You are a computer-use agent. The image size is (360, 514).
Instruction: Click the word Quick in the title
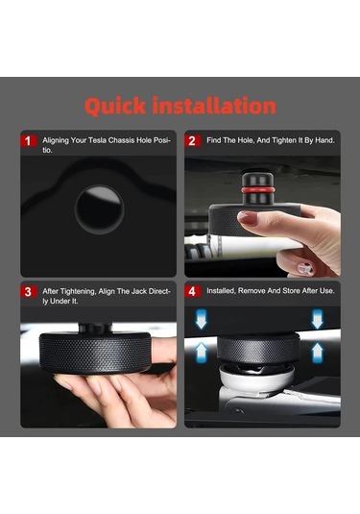[115, 107]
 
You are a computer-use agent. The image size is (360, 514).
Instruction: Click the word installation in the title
[214, 106]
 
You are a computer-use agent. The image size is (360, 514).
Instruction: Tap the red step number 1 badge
[29, 141]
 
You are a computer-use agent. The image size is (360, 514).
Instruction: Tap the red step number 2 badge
[192, 141]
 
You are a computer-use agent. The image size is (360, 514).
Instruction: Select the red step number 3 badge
[29, 291]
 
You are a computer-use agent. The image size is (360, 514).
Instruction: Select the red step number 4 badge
[192, 291]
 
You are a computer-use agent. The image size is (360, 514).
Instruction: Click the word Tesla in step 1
[98, 140]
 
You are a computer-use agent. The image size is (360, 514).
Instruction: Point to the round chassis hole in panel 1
[99, 209]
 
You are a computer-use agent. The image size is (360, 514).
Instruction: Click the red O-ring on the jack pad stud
[257, 190]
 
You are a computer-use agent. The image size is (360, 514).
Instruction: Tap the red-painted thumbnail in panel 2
[248, 218]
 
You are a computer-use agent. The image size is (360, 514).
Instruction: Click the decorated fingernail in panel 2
[305, 268]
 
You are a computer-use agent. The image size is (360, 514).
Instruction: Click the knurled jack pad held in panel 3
[95, 353]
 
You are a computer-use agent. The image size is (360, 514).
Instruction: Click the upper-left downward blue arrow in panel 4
[202, 319]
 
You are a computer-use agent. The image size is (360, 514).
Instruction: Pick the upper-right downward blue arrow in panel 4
[317, 319]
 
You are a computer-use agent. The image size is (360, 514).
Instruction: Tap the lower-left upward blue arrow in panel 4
[202, 353]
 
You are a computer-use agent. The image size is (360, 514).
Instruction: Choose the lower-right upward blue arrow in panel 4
[317, 353]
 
